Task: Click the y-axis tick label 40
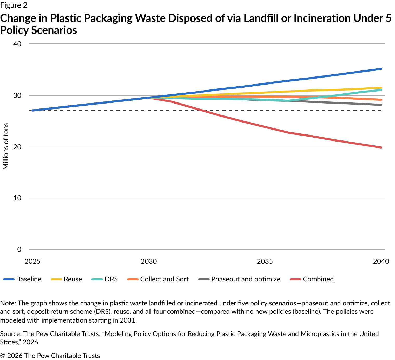[x=17, y=44]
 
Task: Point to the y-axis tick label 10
[x=17, y=198]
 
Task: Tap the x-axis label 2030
[x=149, y=261]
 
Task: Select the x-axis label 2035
[x=265, y=261]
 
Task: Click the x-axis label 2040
[x=381, y=261]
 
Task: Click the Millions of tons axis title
[x=6, y=146]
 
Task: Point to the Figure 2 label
[x=14, y=5]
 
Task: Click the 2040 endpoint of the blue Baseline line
[x=381, y=69]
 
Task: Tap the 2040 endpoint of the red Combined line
[x=381, y=147]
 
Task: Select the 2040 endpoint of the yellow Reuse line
[x=381, y=88]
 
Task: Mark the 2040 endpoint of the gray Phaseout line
[x=381, y=105]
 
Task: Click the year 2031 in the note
[x=128, y=320]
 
